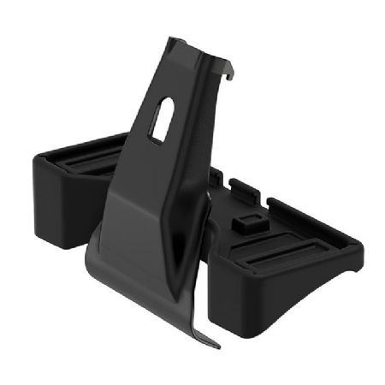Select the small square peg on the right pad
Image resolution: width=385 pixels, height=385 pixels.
click(246, 222)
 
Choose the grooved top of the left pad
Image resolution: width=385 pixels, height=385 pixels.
click(81, 158)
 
